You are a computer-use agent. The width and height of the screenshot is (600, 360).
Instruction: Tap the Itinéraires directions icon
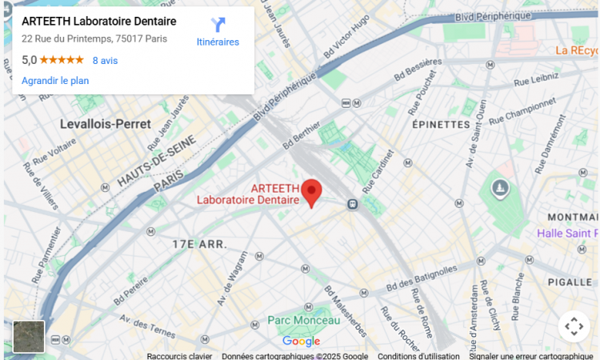pyautogui.click(x=218, y=26)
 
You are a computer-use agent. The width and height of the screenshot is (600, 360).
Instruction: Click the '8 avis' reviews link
pyautogui.click(x=105, y=60)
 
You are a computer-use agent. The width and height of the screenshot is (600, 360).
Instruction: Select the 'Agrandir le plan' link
pyautogui.click(x=55, y=81)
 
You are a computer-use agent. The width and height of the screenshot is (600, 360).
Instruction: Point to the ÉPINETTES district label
pyautogui.click(x=441, y=125)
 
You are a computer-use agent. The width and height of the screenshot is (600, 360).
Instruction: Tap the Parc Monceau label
pyautogui.click(x=303, y=320)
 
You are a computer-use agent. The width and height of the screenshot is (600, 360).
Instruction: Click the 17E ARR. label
pyautogui.click(x=199, y=243)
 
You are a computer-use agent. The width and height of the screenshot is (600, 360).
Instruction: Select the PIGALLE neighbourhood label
pyautogui.click(x=570, y=282)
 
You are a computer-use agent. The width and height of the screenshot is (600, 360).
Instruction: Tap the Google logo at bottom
pyautogui.click(x=301, y=342)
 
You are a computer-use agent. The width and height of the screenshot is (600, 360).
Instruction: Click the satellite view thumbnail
pyautogui.click(x=29, y=336)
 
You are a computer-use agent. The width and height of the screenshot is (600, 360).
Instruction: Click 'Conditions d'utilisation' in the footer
pyautogui.click(x=418, y=356)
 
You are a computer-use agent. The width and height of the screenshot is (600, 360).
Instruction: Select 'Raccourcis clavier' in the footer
pyautogui.click(x=179, y=356)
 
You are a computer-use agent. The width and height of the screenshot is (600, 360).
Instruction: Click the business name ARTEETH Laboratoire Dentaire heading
pyautogui.click(x=98, y=21)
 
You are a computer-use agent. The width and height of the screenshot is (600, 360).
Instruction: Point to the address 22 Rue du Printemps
pyautogui.click(x=94, y=38)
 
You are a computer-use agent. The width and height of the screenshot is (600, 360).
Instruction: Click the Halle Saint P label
pyautogui.click(x=567, y=233)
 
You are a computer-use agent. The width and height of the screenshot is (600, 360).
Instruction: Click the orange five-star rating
pyautogui.click(x=62, y=60)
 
